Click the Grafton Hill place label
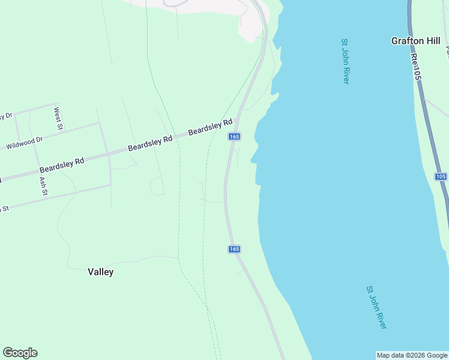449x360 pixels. [x=415, y=41]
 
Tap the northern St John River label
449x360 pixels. [x=345, y=62]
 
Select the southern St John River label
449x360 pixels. [x=376, y=307]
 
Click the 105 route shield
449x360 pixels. [x=441, y=176]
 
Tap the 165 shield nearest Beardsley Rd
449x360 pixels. [x=235, y=137]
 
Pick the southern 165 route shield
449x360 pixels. [x=235, y=249]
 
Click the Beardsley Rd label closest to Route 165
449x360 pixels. [x=210, y=127]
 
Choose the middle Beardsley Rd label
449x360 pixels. [x=150, y=142]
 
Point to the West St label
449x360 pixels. [x=58, y=118]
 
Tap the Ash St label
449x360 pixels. [x=43, y=187]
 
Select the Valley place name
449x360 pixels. [x=100, y=272]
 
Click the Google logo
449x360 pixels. [x=20, y=353]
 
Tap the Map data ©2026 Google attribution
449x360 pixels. [x=411, y=355]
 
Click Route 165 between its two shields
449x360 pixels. [x=226, y=192]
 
